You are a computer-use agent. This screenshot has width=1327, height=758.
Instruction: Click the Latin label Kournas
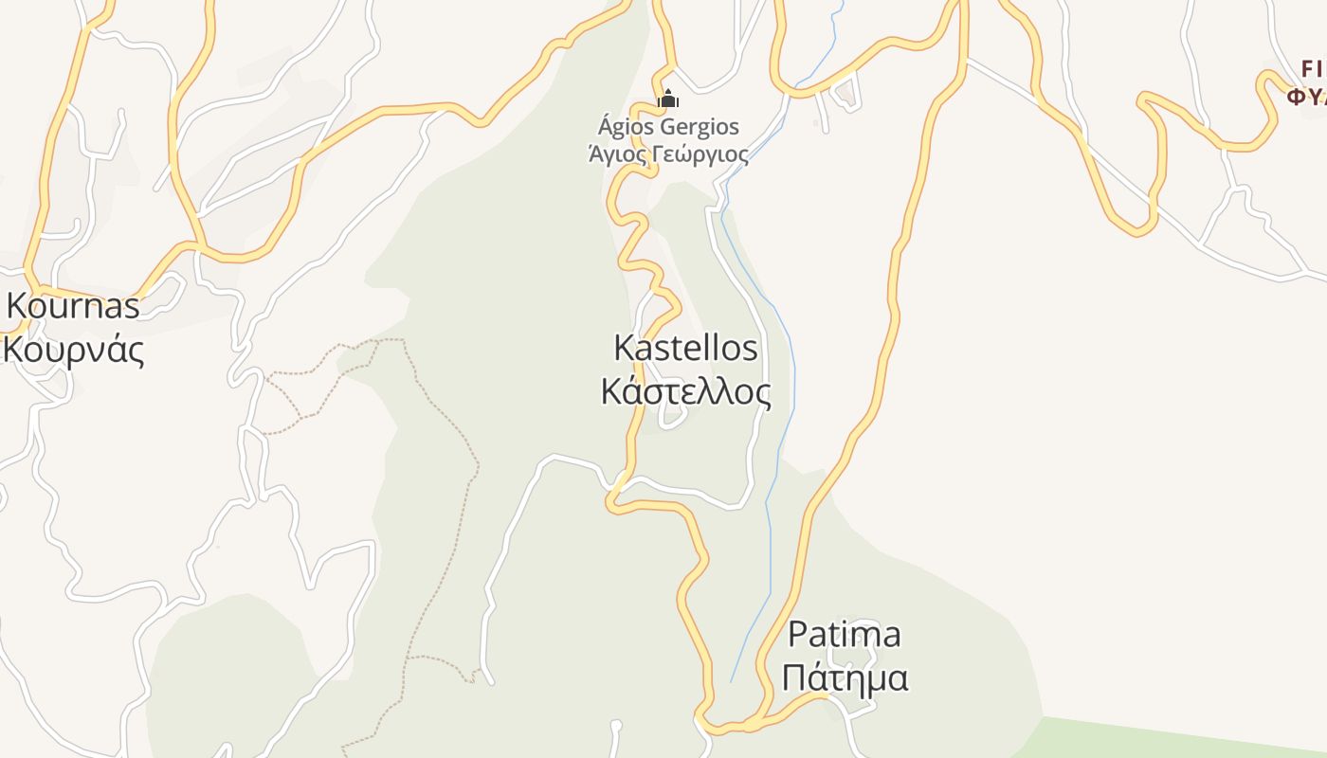73,305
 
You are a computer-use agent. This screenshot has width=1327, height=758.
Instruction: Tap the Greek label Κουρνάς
73,350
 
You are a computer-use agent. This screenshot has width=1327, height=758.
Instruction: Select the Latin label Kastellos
685,348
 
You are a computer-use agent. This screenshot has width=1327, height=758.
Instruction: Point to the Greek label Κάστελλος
685,390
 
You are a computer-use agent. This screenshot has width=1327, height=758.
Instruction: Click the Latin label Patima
844,633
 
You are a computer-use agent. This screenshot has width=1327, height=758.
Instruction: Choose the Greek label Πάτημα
846,677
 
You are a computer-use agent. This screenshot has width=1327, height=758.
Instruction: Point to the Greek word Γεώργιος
701,153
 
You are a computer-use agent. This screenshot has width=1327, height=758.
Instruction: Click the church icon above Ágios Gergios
668,99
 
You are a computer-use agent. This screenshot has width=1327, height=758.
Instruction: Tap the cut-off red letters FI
1313,68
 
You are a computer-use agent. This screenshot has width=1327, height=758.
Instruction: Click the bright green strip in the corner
1185,739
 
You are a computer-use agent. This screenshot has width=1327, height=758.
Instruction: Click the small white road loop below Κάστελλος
672,419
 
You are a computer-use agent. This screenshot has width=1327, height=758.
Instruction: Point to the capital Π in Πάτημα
796,678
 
